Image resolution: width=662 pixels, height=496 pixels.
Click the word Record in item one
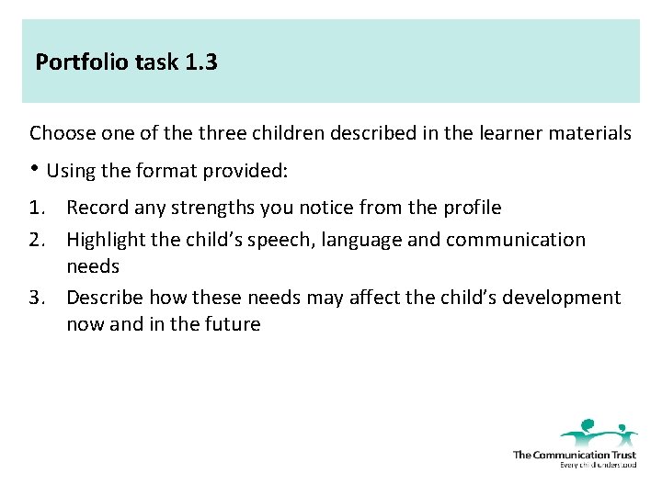tap(97, 209)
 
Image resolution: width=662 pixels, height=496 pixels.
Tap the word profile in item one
tap(470, 209)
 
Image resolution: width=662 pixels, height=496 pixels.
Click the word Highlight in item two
tap(106, 241)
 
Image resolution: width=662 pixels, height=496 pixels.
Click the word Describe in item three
tap(104, 299)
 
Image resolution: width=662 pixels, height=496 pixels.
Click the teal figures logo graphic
tap(599, 433)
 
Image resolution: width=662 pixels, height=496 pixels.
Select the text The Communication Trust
tap(575, 455)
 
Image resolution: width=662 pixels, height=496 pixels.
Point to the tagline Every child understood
tap(598, 465)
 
